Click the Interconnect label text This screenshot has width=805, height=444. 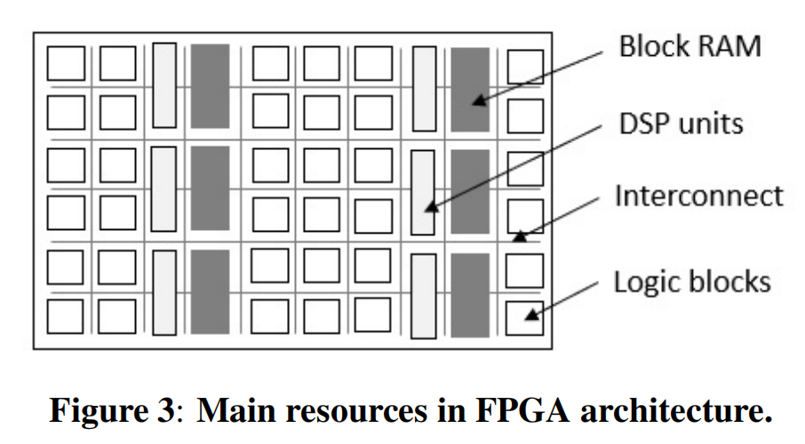tap(699, 195)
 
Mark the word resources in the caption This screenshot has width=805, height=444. tap(334, 409)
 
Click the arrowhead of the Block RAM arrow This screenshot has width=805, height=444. tap(477, 102)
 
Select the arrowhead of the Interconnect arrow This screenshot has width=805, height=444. tap(518, 238)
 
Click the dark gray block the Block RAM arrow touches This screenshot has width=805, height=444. tap(470, 89)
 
